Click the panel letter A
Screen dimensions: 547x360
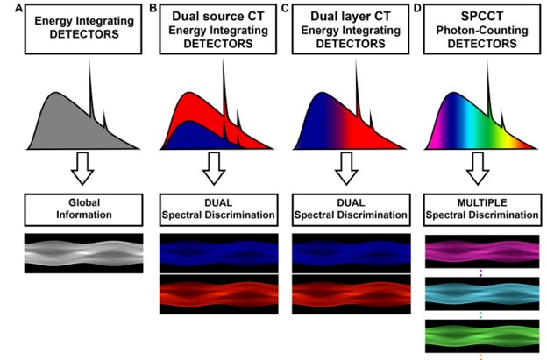18,9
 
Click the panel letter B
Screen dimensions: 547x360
153,8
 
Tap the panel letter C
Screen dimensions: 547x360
285,8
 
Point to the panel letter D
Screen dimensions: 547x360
417,8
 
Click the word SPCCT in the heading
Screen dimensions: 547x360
482,16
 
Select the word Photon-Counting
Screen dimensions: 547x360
482,31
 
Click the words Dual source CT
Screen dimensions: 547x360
218,16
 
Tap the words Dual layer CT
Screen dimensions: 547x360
351,16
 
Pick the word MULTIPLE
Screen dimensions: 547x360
482,202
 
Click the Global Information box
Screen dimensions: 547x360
84,210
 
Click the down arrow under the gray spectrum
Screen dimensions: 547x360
82,168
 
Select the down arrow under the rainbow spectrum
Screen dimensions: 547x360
478,168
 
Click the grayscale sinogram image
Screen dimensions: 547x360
84,253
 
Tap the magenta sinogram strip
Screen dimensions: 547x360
482,251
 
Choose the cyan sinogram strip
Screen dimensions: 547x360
482,293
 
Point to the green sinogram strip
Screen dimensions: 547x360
482,336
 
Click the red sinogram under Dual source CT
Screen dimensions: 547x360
219,294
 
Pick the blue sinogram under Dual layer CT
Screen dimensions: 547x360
352,253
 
